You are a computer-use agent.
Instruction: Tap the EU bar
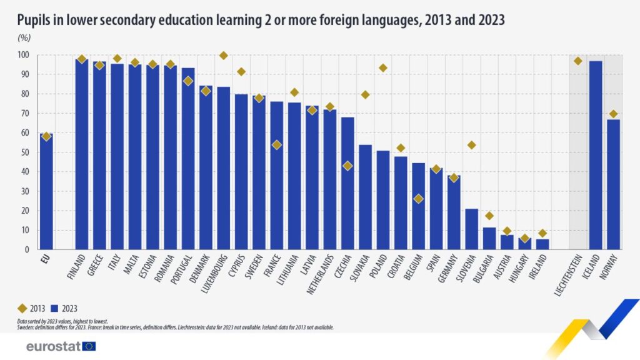(46, 191)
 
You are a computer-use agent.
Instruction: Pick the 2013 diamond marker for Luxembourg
(224, 56)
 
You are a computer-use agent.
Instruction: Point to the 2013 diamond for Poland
(383, 67)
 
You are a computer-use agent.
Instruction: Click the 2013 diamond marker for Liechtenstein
(578, 61)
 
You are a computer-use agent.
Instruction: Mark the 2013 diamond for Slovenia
(472, 145)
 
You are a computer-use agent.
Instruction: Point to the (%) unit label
(24, 37)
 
